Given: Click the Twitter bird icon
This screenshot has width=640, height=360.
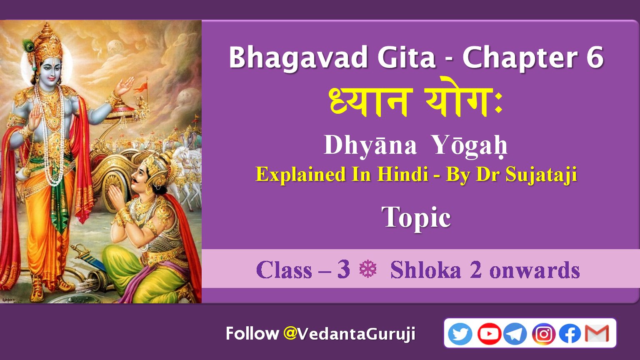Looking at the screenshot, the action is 460,333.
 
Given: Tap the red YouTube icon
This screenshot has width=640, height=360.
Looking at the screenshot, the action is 489,333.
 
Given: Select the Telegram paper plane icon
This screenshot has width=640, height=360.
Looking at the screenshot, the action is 515,333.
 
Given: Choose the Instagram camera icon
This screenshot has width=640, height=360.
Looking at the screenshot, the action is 543,333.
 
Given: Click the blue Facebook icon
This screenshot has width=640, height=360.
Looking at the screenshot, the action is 570,333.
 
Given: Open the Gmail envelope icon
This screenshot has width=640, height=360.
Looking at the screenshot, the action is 597,333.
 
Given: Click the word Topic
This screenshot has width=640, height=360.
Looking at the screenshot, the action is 416,218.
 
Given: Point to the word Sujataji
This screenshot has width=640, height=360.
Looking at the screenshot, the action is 541,175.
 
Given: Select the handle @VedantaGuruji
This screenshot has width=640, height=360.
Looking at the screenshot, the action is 349,333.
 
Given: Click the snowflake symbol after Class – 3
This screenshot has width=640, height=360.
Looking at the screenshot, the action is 368,269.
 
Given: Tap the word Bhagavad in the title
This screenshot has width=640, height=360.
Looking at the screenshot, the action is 298,57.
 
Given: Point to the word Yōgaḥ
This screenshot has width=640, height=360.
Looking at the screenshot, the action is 470,145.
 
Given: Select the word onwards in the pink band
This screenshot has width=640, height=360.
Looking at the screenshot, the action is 535,270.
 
